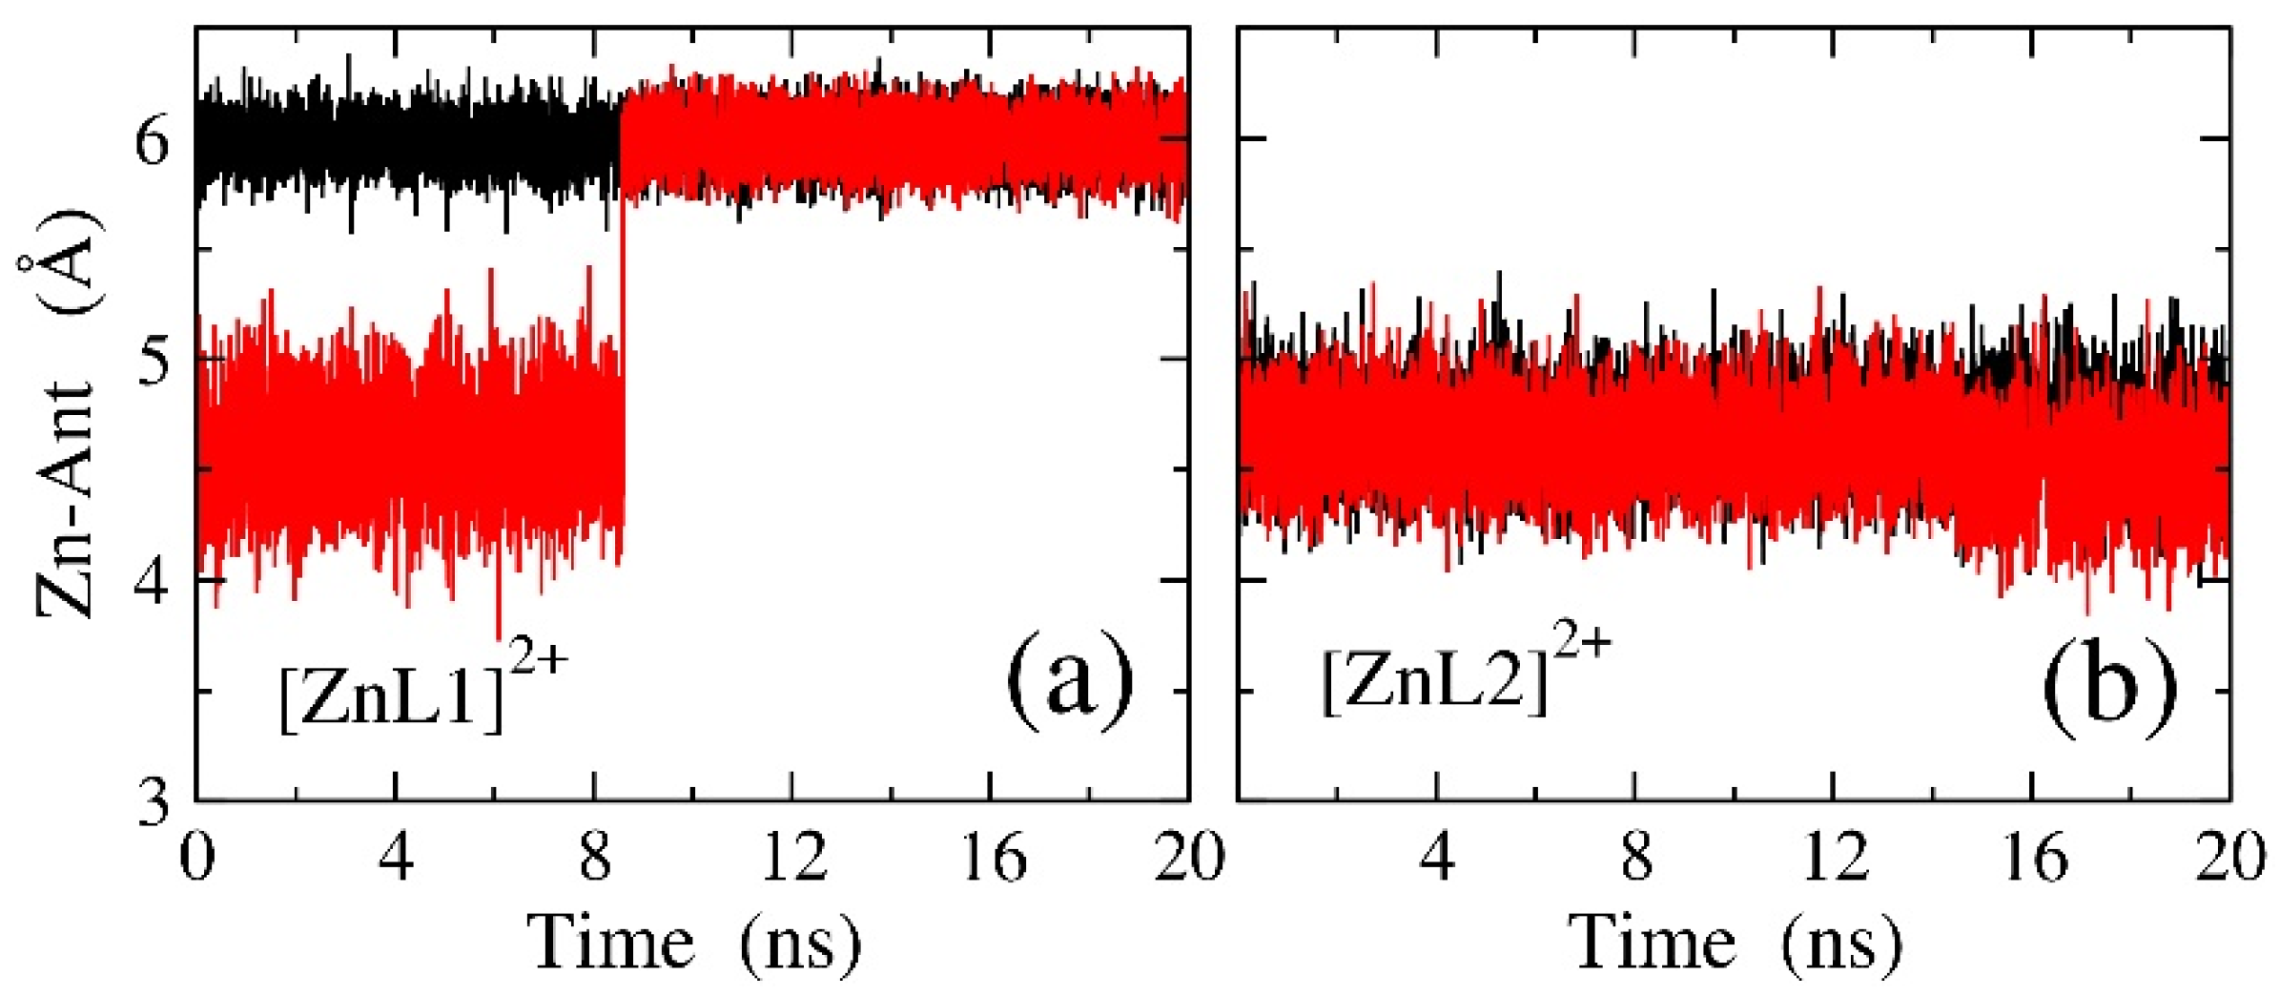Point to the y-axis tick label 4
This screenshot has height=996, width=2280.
point(153,581)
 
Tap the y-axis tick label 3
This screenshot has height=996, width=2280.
point(153,802)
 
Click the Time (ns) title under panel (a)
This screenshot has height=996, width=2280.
point(694,944)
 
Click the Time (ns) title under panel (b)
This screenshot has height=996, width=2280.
point(1736,944)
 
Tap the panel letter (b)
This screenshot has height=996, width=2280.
point(2109,685)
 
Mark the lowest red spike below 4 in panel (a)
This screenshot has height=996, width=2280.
point(498,634)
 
